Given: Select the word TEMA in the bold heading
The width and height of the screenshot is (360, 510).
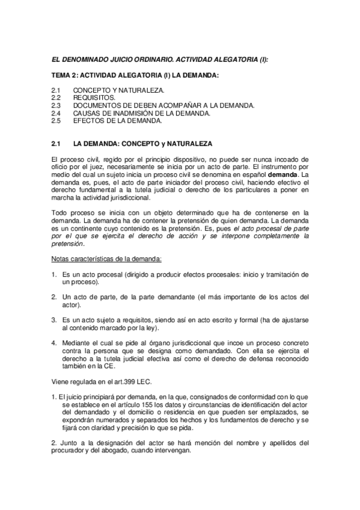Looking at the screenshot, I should (62, 75).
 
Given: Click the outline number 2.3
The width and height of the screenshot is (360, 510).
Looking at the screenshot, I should (56, 105).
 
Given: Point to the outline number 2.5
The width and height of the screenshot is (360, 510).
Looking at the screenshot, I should (56, 120).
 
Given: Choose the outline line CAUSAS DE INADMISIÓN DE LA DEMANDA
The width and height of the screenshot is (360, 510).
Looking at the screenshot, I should (142, 112).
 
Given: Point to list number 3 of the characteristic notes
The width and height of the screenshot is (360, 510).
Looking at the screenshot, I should (53, 320).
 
